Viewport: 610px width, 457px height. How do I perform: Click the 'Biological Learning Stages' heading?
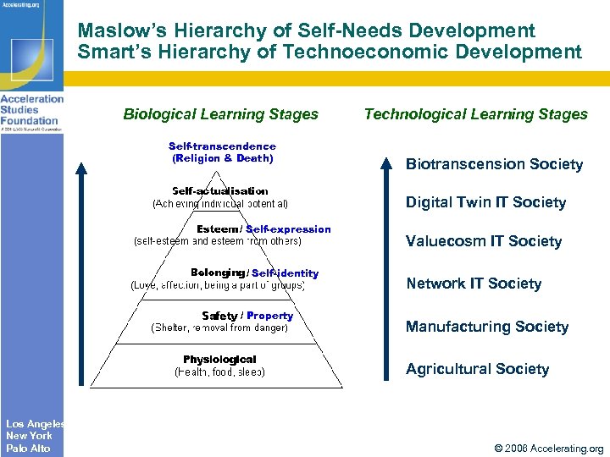pos(220,114)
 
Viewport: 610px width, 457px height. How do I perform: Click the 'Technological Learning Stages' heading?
pos(475,114)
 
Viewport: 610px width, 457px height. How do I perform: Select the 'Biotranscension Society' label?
pos(494,164)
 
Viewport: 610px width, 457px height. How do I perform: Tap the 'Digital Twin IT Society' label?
pos(485,202)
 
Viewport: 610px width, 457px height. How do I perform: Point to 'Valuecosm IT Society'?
pos(483,241)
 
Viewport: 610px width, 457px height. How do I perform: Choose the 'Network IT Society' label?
pos(473,284)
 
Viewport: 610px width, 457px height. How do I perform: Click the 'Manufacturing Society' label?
pos(486,327)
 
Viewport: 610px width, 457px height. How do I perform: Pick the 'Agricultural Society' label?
pos(477,369)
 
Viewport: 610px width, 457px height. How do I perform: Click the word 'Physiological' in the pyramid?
pos(219,360)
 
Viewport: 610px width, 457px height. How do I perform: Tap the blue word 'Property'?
pos(269,316)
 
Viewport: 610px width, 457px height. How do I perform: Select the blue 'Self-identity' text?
pos(285,273)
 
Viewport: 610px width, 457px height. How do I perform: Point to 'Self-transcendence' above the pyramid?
pos(222,146)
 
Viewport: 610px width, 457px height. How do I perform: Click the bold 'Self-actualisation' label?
pos(219,191)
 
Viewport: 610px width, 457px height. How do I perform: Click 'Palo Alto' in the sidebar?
pos(29,448)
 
